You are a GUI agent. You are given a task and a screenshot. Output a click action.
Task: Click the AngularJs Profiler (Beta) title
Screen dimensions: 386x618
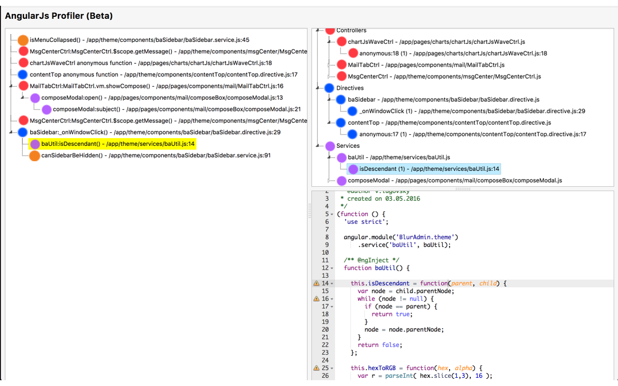[59, 16]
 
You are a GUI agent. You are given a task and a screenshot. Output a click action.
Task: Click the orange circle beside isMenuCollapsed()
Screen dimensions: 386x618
[23, 40]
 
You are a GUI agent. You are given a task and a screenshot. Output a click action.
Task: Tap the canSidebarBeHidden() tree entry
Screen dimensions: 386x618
[150, 155]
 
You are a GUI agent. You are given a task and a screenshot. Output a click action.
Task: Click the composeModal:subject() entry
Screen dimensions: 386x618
[177, 109]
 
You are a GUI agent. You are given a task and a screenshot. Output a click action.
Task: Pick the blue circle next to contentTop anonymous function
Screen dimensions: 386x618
[23, 75]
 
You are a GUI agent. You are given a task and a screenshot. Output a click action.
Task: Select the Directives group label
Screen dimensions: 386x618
[350, 88]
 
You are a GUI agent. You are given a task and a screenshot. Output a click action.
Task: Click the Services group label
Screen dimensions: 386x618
[348, 146]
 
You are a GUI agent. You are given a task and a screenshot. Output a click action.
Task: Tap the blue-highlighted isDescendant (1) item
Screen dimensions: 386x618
[429, 169]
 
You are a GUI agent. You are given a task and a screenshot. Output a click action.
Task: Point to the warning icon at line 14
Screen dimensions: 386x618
[316, 283]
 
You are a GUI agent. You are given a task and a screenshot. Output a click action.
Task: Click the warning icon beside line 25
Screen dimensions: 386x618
[316, 368]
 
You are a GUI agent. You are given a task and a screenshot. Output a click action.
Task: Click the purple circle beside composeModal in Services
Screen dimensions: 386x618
[342, 181]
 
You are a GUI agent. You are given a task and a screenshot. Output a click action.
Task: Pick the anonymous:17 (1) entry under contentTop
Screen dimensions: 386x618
[473, 134]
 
